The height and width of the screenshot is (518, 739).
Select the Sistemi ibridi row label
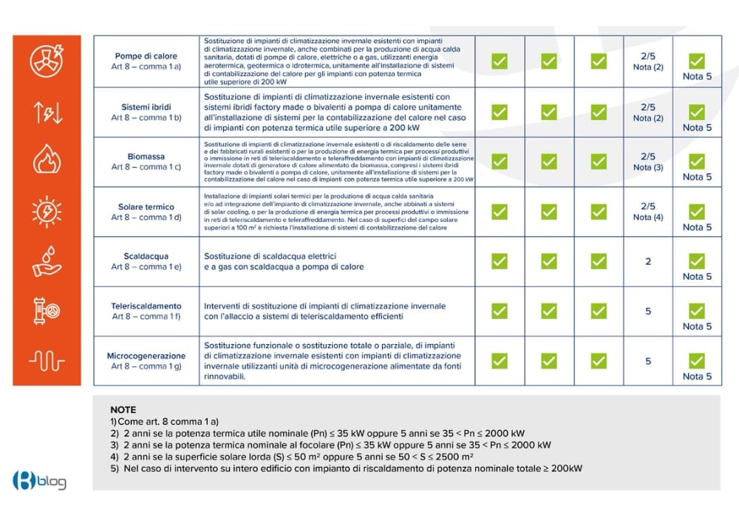[146, 107]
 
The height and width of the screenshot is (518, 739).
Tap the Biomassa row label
[146, 157]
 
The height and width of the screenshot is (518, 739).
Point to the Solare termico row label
[146, 206]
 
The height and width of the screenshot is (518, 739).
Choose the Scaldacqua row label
[146, 256]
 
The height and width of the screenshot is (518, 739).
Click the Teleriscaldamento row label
[146, 306]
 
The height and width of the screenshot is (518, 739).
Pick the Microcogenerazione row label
[146, 356]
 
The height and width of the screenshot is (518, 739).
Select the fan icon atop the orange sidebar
[47, 61]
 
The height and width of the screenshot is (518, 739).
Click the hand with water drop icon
[47, 260]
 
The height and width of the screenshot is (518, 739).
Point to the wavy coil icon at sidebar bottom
[47, 360]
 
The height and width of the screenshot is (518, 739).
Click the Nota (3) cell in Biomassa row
[648, 167]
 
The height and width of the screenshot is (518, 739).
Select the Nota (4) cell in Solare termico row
[648, 217]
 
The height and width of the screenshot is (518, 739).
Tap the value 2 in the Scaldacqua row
[648, 261]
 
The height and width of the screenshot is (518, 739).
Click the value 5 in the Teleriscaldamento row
[648, 311]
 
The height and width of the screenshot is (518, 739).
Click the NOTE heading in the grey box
[123, 409]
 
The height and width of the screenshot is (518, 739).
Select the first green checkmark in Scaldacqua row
[500, 261]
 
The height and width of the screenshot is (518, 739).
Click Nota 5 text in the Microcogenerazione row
[697, 376]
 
